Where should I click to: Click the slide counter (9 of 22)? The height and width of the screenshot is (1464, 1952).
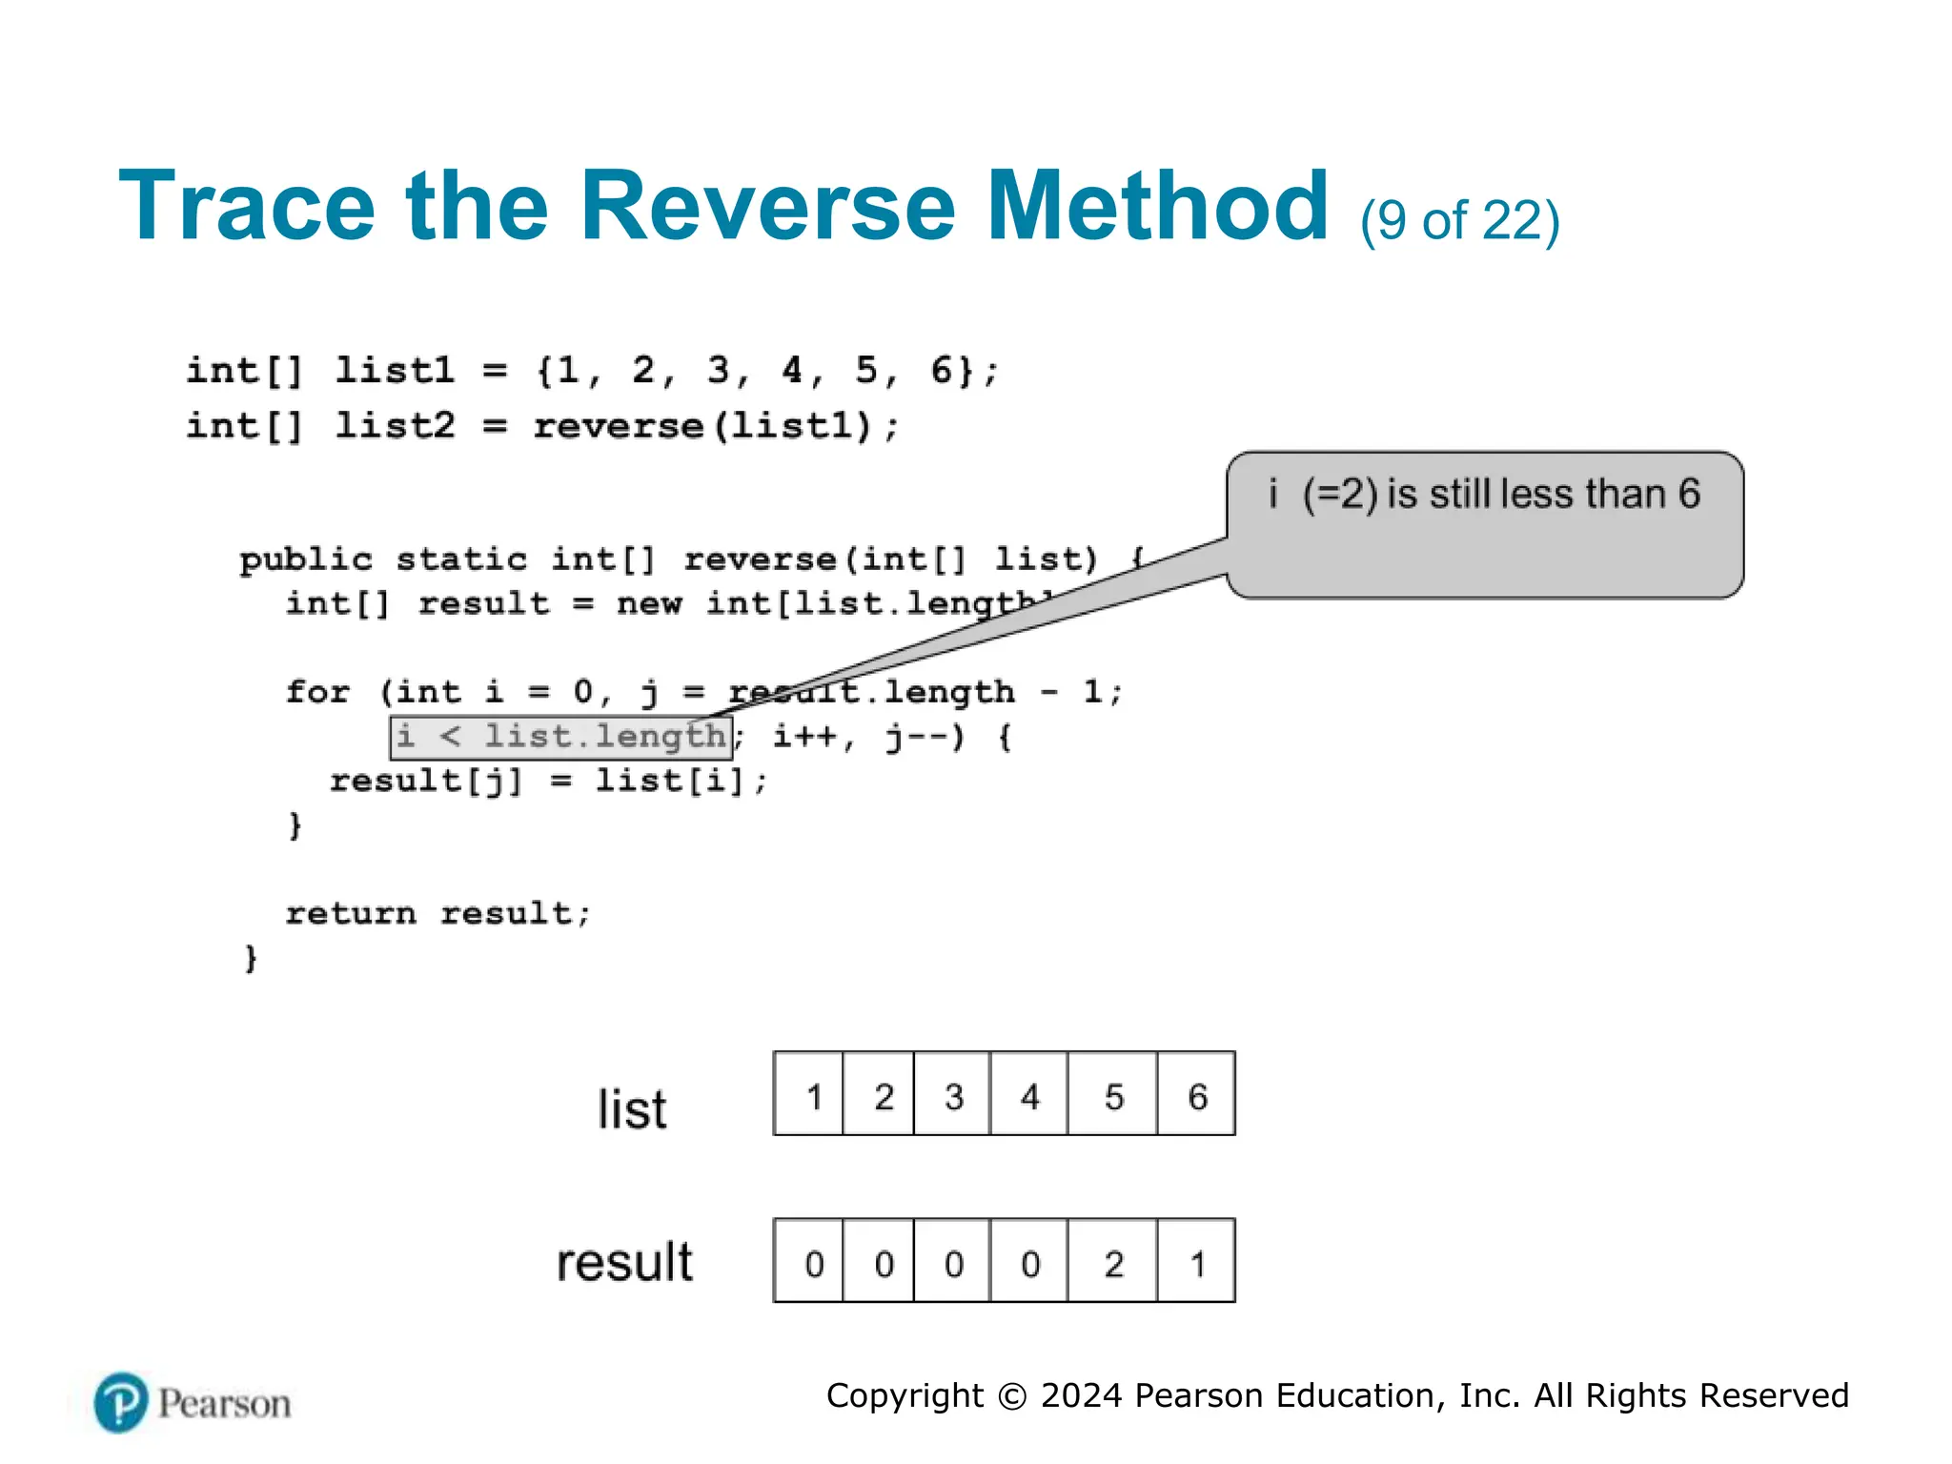(1459, 221)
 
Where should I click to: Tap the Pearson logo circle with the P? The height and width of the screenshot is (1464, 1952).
(121, 1402)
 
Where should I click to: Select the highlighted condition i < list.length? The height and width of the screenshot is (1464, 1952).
(561, 737)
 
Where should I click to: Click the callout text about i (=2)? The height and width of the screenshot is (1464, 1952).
(1484, 495)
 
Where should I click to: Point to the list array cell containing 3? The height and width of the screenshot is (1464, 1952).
(952, 1095)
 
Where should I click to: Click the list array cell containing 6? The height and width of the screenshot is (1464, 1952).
(1196, 1095)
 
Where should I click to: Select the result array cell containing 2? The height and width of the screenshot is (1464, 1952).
(1112, 1262)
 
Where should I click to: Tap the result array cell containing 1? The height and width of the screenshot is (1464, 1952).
(1196, 1262)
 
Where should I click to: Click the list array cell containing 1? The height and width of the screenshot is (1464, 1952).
(810, 1095)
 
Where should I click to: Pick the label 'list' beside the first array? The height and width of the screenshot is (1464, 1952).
(632, 1109)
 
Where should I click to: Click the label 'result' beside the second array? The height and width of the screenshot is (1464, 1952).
(624, 1262)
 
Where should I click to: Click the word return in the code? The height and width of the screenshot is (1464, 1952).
(351, 913)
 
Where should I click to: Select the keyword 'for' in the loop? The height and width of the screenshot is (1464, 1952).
(318, 691)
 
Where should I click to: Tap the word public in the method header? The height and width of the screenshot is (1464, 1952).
(305, 559)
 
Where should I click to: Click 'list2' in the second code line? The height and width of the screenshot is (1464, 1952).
(395, 425)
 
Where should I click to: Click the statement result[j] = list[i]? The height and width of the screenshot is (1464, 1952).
(548, 781)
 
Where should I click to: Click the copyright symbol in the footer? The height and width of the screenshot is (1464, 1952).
(1011, 1396)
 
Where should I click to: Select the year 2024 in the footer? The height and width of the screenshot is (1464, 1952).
(1081, 1395)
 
